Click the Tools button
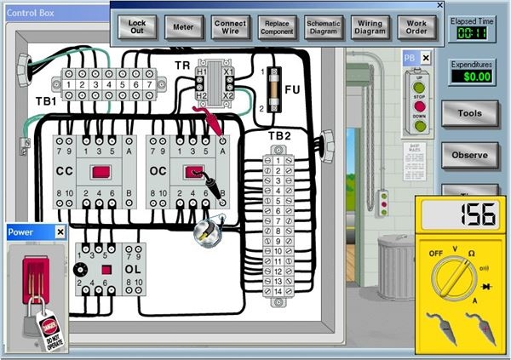click(469, 113)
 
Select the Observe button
click(469, 155)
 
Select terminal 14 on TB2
click(278, 291)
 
